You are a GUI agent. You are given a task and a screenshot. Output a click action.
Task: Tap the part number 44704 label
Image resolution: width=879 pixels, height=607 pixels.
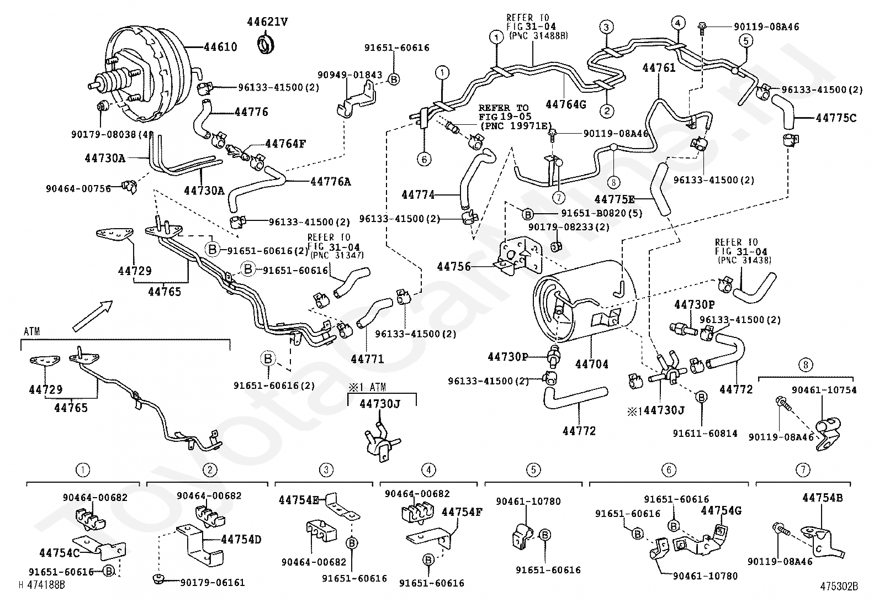click(x=591, y=364)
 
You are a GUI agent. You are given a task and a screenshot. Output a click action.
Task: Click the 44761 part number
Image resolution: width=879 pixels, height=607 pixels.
click(x=659, y=68)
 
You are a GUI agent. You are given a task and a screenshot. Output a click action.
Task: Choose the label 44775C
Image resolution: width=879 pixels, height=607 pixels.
click(x=835, y=117)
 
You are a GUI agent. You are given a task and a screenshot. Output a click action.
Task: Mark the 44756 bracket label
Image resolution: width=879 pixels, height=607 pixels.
click(x=454, y=267)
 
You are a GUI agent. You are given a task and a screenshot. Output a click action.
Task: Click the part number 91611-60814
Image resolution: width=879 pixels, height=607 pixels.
click(x=705, y=434)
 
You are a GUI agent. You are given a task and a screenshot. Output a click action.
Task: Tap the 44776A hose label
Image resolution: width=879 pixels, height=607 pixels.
click(x=330, y=181)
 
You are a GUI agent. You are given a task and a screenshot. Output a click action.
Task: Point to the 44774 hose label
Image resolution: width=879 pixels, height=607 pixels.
click(x=418, y=194)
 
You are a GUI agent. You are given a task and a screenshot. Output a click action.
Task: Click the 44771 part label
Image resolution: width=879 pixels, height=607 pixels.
click(x=368, y=359)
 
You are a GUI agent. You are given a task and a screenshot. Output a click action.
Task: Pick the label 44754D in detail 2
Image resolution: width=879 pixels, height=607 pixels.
click(x=241, y=539)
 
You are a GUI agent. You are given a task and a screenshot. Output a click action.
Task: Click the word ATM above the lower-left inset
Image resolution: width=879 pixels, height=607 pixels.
click(x=32, y=331)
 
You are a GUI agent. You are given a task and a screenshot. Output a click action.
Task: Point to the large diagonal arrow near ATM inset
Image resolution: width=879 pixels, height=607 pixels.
click(x=92, y=315)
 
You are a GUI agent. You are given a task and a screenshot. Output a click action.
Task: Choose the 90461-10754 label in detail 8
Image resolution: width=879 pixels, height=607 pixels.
click(x=824, y=390)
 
